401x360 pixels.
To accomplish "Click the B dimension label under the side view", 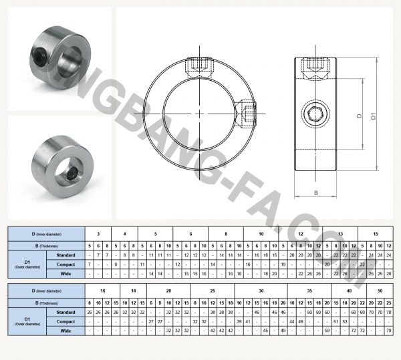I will [x=314, y=194].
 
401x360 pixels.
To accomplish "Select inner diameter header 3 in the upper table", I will [x=98, y=234].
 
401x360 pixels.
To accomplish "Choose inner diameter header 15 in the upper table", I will [x=376, y=234].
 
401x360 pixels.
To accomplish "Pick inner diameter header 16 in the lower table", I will [x=102, y=291].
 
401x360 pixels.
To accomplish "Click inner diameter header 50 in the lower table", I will [x=380, y=291].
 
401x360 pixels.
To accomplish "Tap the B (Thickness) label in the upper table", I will [x=45, y=245].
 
